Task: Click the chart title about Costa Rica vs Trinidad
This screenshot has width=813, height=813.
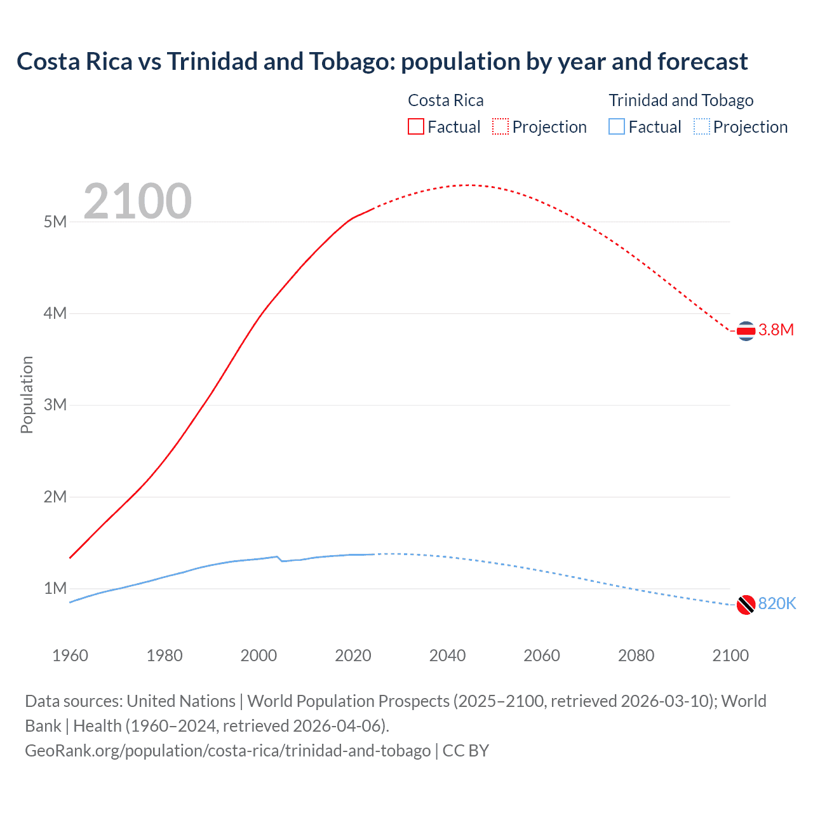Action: [382, 62]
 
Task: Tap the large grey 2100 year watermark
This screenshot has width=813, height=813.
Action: [137, 201]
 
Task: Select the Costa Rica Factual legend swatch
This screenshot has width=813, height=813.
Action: [416, 126]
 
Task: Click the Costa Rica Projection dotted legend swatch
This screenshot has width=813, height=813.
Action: [501, 126]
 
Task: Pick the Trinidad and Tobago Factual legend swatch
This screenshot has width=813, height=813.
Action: [617, 126]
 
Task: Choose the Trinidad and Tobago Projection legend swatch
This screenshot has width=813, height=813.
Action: [702, 126]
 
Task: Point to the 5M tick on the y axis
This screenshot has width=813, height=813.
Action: [55, 222]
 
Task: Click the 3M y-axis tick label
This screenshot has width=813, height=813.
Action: [55, 405]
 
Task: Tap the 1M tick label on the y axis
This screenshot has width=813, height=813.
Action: [55, 588]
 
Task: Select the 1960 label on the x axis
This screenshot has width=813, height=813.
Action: [70, 655]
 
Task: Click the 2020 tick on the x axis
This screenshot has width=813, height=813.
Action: [353, 655]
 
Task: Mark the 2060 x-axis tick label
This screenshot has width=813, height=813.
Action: [542, 655]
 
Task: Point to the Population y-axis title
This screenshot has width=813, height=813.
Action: [27, 394]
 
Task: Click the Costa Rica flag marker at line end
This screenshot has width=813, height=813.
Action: [746, 331]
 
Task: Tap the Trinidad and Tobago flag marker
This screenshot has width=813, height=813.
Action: [746, 605]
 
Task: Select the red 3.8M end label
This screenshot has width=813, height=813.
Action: [776, 330]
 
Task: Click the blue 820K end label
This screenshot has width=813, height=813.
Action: [777, 603]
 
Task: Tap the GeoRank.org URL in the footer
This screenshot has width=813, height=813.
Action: [228, 751]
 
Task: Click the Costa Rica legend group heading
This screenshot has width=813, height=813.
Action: [445, 100]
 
